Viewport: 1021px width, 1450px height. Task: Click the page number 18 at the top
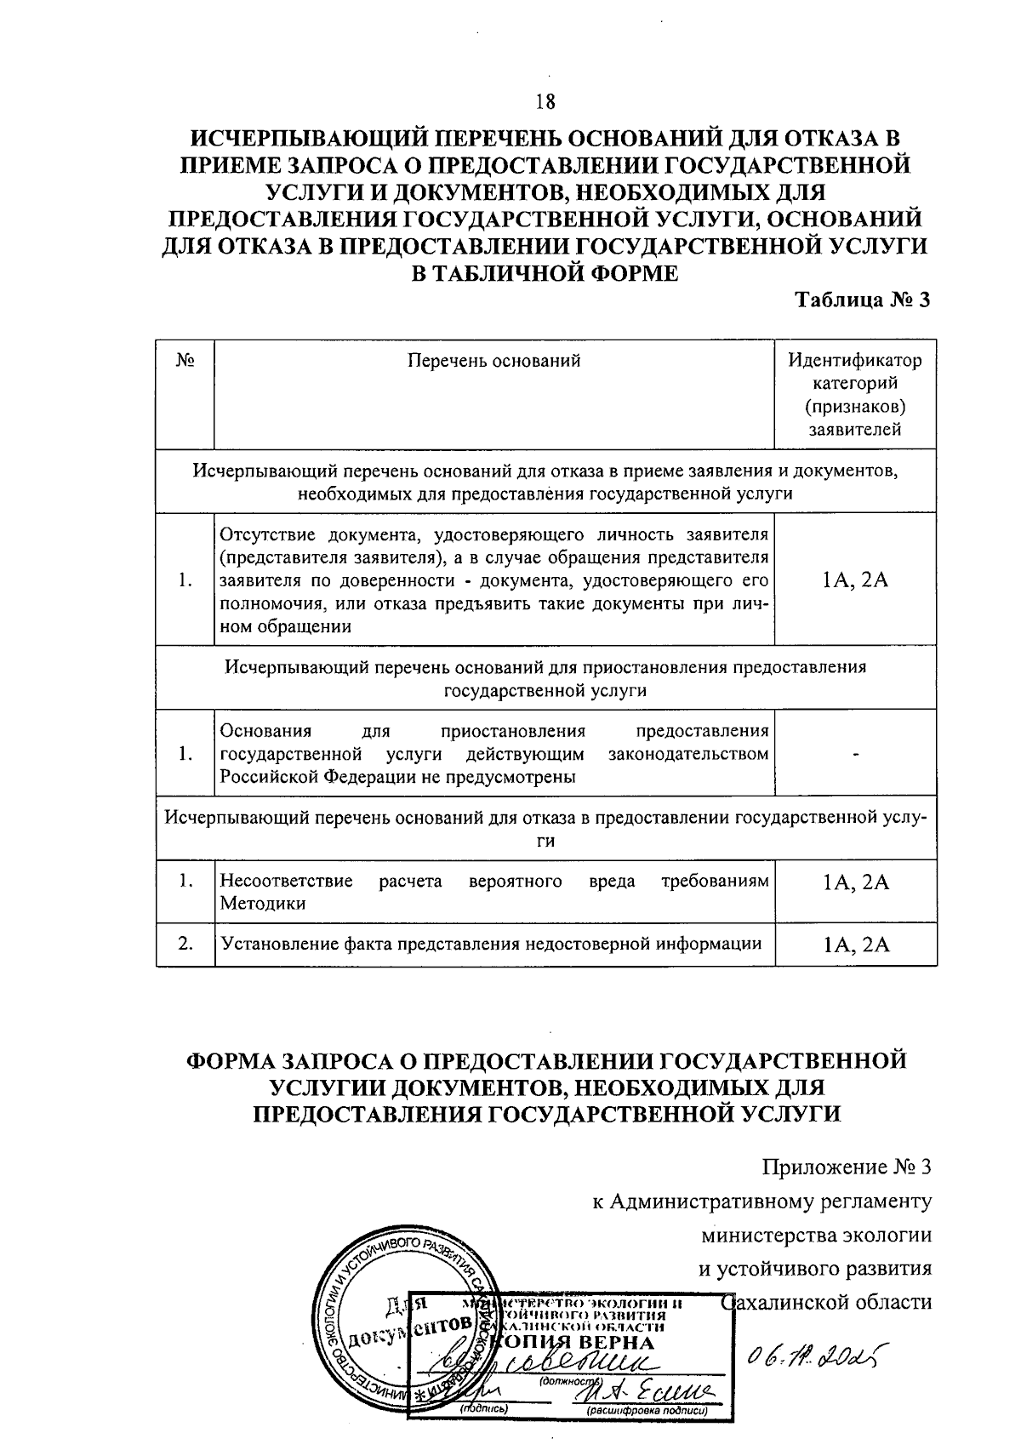click(545, 103)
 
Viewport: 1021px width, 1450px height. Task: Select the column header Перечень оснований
click(493, 361)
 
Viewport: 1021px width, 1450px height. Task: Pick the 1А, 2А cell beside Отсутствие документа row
click(855, 580)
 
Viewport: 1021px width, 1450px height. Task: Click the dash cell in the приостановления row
click(855, 755)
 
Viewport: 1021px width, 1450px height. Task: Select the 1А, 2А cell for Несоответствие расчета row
click(855, 882)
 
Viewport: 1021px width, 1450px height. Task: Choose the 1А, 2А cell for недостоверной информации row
click(855, 945)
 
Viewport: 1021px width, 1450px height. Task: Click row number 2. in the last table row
click(185, 944)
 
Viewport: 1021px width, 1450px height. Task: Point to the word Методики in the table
click(262, 905)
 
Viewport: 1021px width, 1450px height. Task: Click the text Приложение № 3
click(847, 1166)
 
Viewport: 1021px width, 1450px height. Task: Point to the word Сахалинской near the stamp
click(783, 1302)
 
